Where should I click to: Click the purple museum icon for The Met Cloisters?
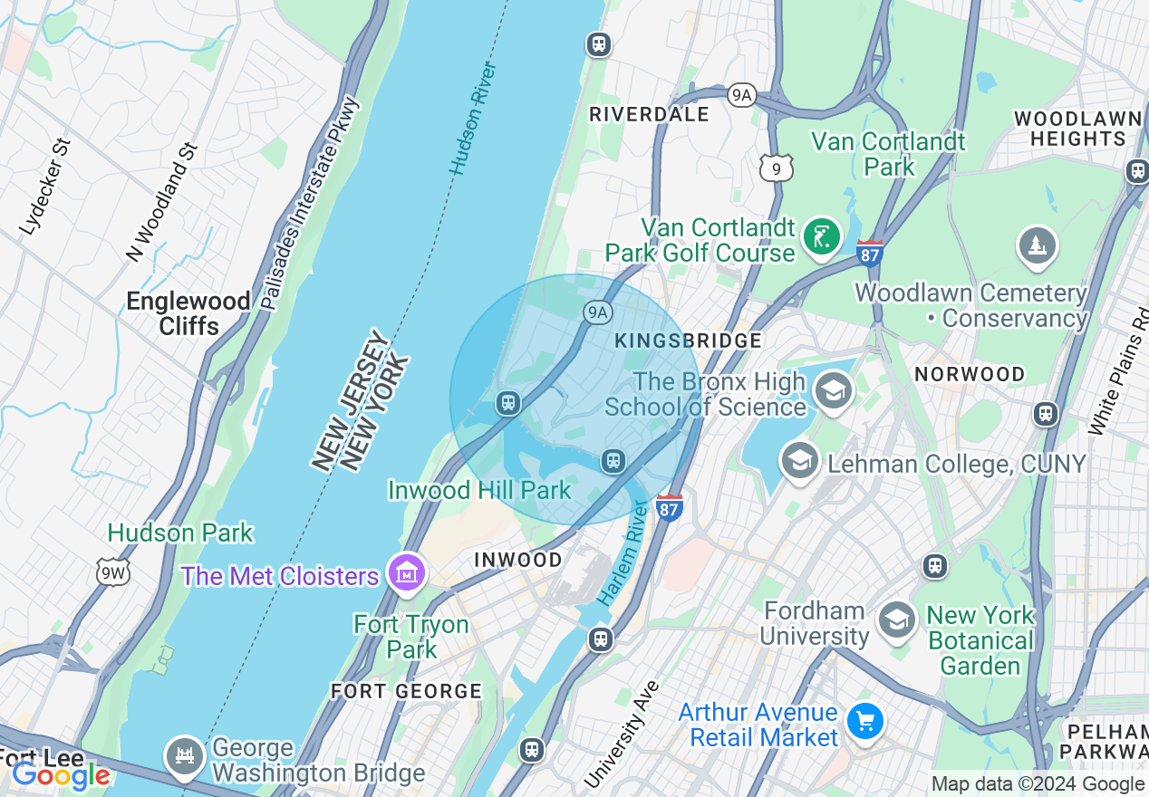(x=407, y=572)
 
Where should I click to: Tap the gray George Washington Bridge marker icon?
(x=185, y=755)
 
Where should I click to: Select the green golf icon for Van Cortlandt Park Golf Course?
(x=821, y=238)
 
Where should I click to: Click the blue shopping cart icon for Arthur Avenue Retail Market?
(x=865, y=721)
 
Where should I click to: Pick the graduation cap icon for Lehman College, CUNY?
(x=799, y=462)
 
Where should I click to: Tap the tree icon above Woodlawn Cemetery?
(x=1037, y=245)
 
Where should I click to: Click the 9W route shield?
(x=113, y=571)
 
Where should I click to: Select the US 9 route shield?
(x=777, y=166)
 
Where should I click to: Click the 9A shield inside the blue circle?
(x=596, y=313)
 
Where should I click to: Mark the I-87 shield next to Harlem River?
(x=669, y=507)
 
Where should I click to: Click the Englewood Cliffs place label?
(x=188, y=313)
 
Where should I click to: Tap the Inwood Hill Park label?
(x=478, y=490)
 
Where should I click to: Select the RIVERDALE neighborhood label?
(x=649, y=114)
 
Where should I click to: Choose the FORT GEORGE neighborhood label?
(x=406, y=691)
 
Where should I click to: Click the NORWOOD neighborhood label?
(x=969, y=374)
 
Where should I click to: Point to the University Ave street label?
(x=621, y=735)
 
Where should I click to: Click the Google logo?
(x=60, y=774)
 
